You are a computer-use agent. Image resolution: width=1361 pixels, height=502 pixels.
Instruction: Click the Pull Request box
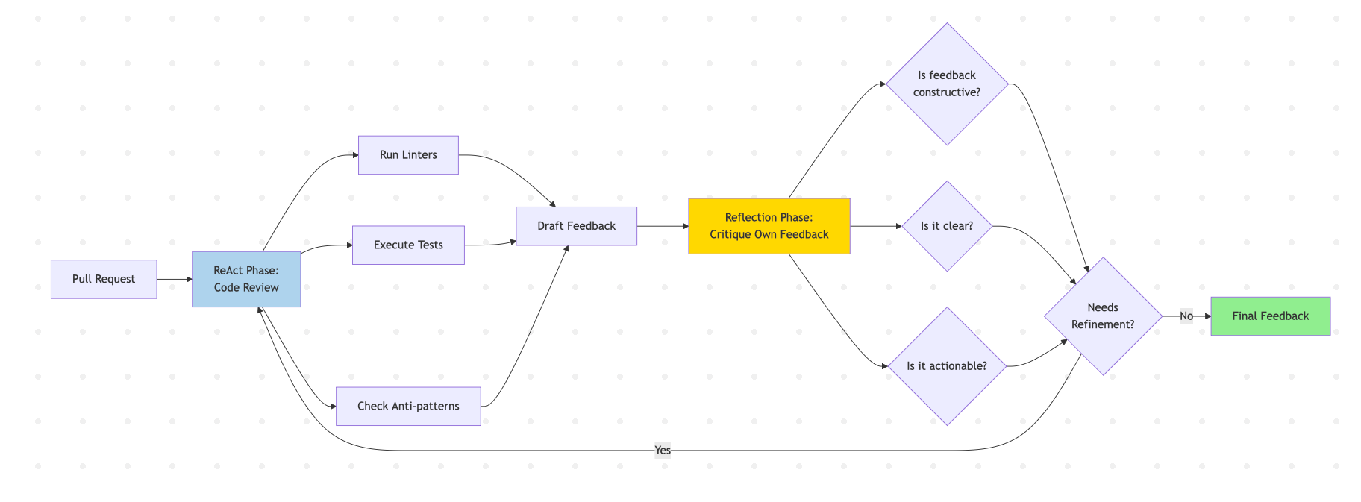pos(104,279)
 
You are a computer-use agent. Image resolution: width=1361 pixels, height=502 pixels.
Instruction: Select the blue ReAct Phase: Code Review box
pos(246,279)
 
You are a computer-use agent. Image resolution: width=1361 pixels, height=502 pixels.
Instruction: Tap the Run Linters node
pos(408,155)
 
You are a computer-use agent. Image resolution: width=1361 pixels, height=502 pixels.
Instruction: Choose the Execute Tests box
pos(408,245)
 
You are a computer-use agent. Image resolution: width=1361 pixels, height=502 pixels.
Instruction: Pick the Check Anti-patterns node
pos(408,406)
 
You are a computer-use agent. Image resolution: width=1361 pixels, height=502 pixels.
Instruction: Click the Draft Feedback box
pos(576,226)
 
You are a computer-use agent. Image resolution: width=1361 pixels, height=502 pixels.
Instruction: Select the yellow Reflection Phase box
pos(769,226)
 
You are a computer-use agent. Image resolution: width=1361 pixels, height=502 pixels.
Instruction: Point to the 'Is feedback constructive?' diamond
pos(947,84)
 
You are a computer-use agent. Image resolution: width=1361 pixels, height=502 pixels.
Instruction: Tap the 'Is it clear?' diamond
pos(947,226)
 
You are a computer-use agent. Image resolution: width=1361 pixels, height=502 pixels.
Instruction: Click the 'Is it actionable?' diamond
pos(947,366)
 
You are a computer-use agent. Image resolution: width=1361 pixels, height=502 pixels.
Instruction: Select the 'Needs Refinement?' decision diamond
pos(1103,316)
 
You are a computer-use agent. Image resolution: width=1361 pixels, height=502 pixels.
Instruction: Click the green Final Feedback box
pos(1270,316)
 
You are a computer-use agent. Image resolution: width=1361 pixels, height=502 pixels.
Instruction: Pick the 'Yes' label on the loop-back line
pos(663,450)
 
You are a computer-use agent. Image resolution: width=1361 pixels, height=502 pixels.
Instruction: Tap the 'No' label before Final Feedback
pos(1186,316)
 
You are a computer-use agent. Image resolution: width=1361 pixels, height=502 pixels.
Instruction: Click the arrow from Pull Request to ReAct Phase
pos(175,279)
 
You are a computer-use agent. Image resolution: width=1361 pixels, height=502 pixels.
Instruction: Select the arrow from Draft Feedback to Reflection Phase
pos(663,226)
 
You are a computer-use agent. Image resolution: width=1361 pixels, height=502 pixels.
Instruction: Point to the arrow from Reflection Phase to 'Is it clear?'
pos(876,226)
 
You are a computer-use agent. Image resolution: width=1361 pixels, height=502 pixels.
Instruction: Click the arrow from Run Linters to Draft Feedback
pos(515,175)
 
